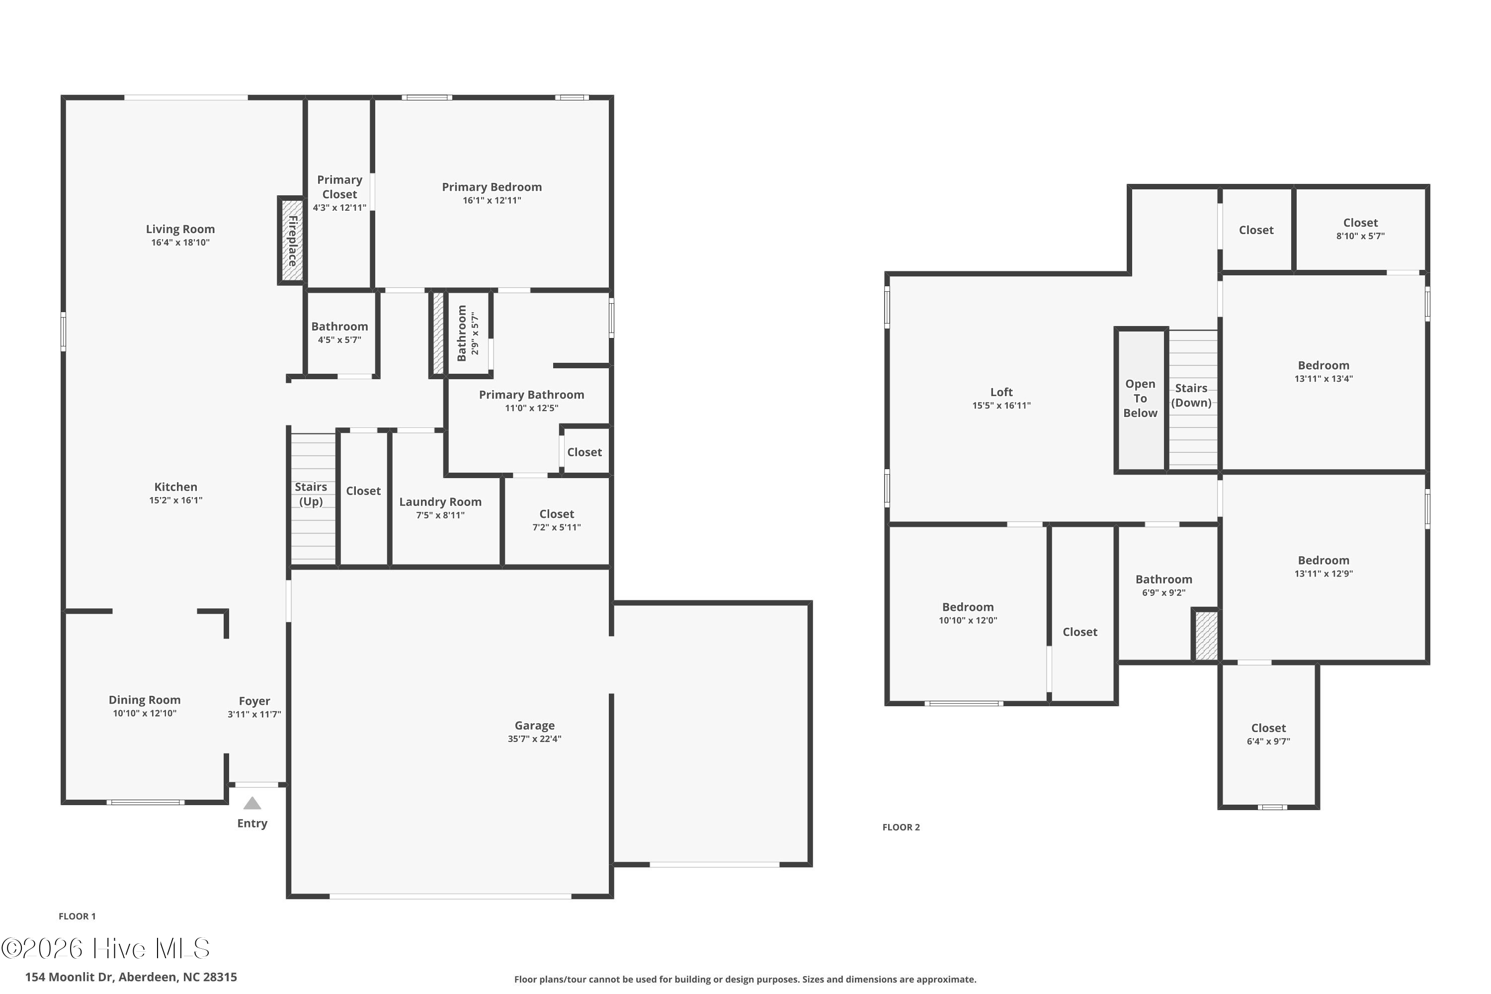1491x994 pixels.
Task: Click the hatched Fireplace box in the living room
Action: pyautogui.click(x=292, y=241)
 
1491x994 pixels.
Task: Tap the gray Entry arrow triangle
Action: pyautogui.click(x=252, y=803)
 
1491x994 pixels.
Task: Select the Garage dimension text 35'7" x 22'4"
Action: pyautogui.click(x=534, y=739)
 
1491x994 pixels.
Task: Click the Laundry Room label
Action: pyautogui.click(x=440, y=501)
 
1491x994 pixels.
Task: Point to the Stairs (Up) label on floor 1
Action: pyautogui.click(x=311, y=494)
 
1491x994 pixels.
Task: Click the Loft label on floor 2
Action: pyautogui.click(x=1001, y=392)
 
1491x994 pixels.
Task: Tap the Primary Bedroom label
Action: pyautogui.click(x=492, y=187)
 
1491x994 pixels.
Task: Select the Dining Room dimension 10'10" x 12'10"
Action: pyautogui.click(x=145, y=713)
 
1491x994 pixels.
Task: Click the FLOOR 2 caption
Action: pyautogui.click(x=901, y=827)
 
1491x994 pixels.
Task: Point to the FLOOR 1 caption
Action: pyautogui.click(x=78, y=916)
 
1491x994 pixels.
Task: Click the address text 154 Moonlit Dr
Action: pyautogui.click(x=70, y=977)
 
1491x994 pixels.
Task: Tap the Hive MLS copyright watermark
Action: pyautogui.click(x=105, y=948)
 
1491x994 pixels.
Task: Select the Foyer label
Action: pyautogui.click(x=254, y=700)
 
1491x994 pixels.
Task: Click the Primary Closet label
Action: pyautogui.click(x=340, y=187)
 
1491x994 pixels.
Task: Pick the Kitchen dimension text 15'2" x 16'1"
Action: pyautogui.click(x=175, y=500)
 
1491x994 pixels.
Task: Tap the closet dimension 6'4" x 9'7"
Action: pyautogui.click(x=1268, y=741)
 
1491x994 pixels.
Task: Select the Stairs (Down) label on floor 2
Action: pyautogui.click(x=1191, y=395)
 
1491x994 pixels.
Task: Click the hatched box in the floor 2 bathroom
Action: pyautogui.click(x=1206, y=635)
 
